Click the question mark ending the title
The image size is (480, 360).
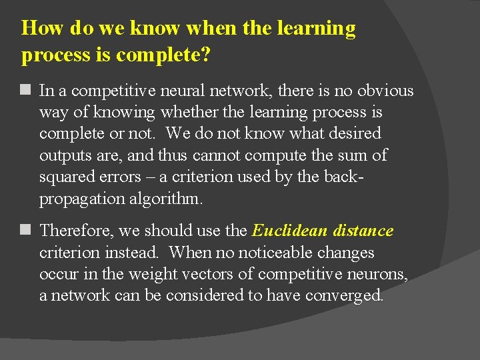coord(205,55)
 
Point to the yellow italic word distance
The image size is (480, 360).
coord(365,231)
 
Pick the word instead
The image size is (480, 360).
coord(134,253)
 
